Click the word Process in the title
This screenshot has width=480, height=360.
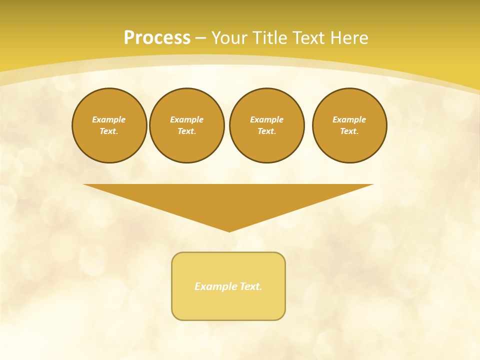(157, 38)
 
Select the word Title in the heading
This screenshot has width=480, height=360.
(272, 38)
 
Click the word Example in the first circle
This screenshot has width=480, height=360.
(109, 119)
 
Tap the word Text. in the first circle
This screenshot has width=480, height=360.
(109, 131)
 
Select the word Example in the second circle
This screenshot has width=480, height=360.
(186, 119)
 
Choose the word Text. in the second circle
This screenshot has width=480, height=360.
(186, 131)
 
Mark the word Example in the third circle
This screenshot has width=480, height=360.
(266, 119)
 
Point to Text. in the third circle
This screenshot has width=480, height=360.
(266, 131)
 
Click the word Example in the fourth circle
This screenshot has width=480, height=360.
(349, 119)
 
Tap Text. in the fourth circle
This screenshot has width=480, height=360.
(349, 131)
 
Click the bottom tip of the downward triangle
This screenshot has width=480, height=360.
(229, 230)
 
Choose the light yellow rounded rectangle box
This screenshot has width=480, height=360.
(228, 305)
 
